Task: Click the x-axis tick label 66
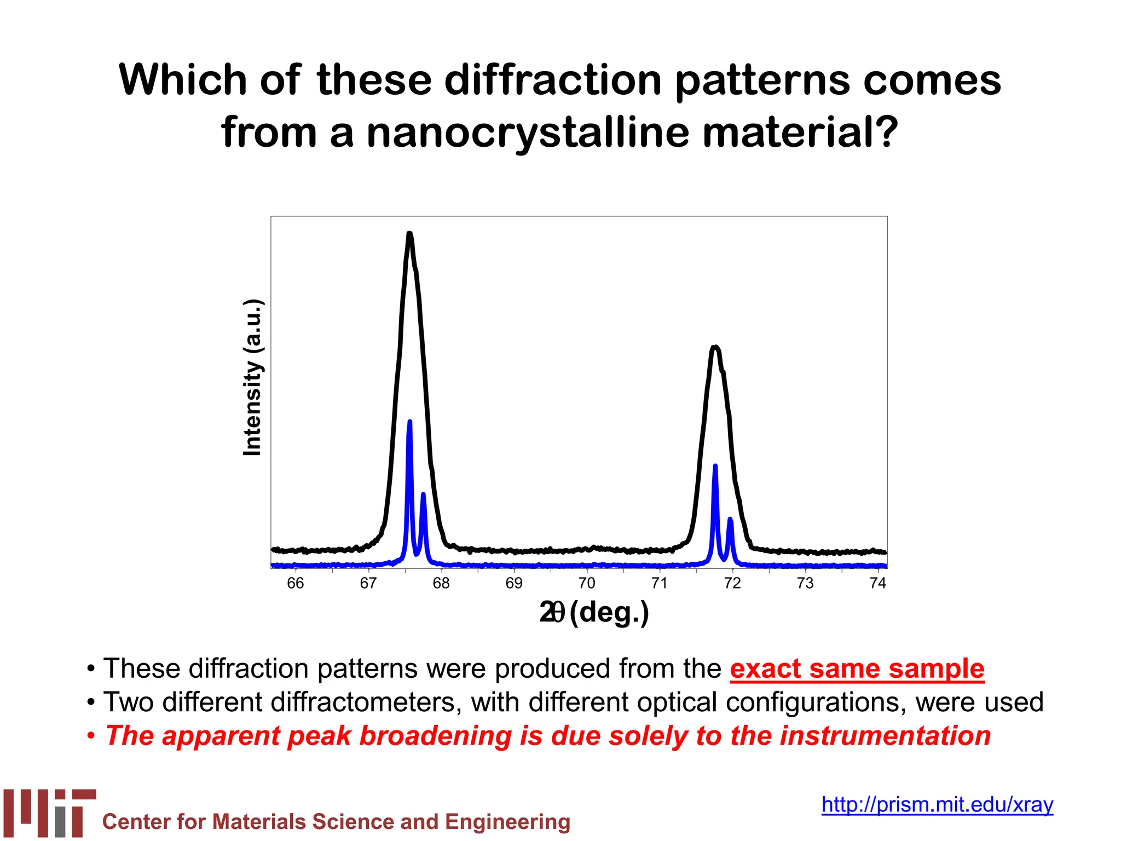[x=295, y=584]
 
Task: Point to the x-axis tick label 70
[x=586, y=584]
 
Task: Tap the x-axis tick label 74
[x=877, y=584]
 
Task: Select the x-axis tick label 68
[x=441, y=584]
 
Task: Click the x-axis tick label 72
[x=732, y=584]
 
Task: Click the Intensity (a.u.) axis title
[x=252, y=377]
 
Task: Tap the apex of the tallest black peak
[x=409, y=234]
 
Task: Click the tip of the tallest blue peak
[x=409, y=422]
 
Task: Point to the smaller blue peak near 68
[x=423, y=495]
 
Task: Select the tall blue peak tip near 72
[x=715, y=466]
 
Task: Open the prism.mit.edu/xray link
[x=937, y=804]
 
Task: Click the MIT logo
[x=50, y=813]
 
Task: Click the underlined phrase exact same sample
[x=857, y=669]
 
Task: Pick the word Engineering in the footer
[x=507, y=822]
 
